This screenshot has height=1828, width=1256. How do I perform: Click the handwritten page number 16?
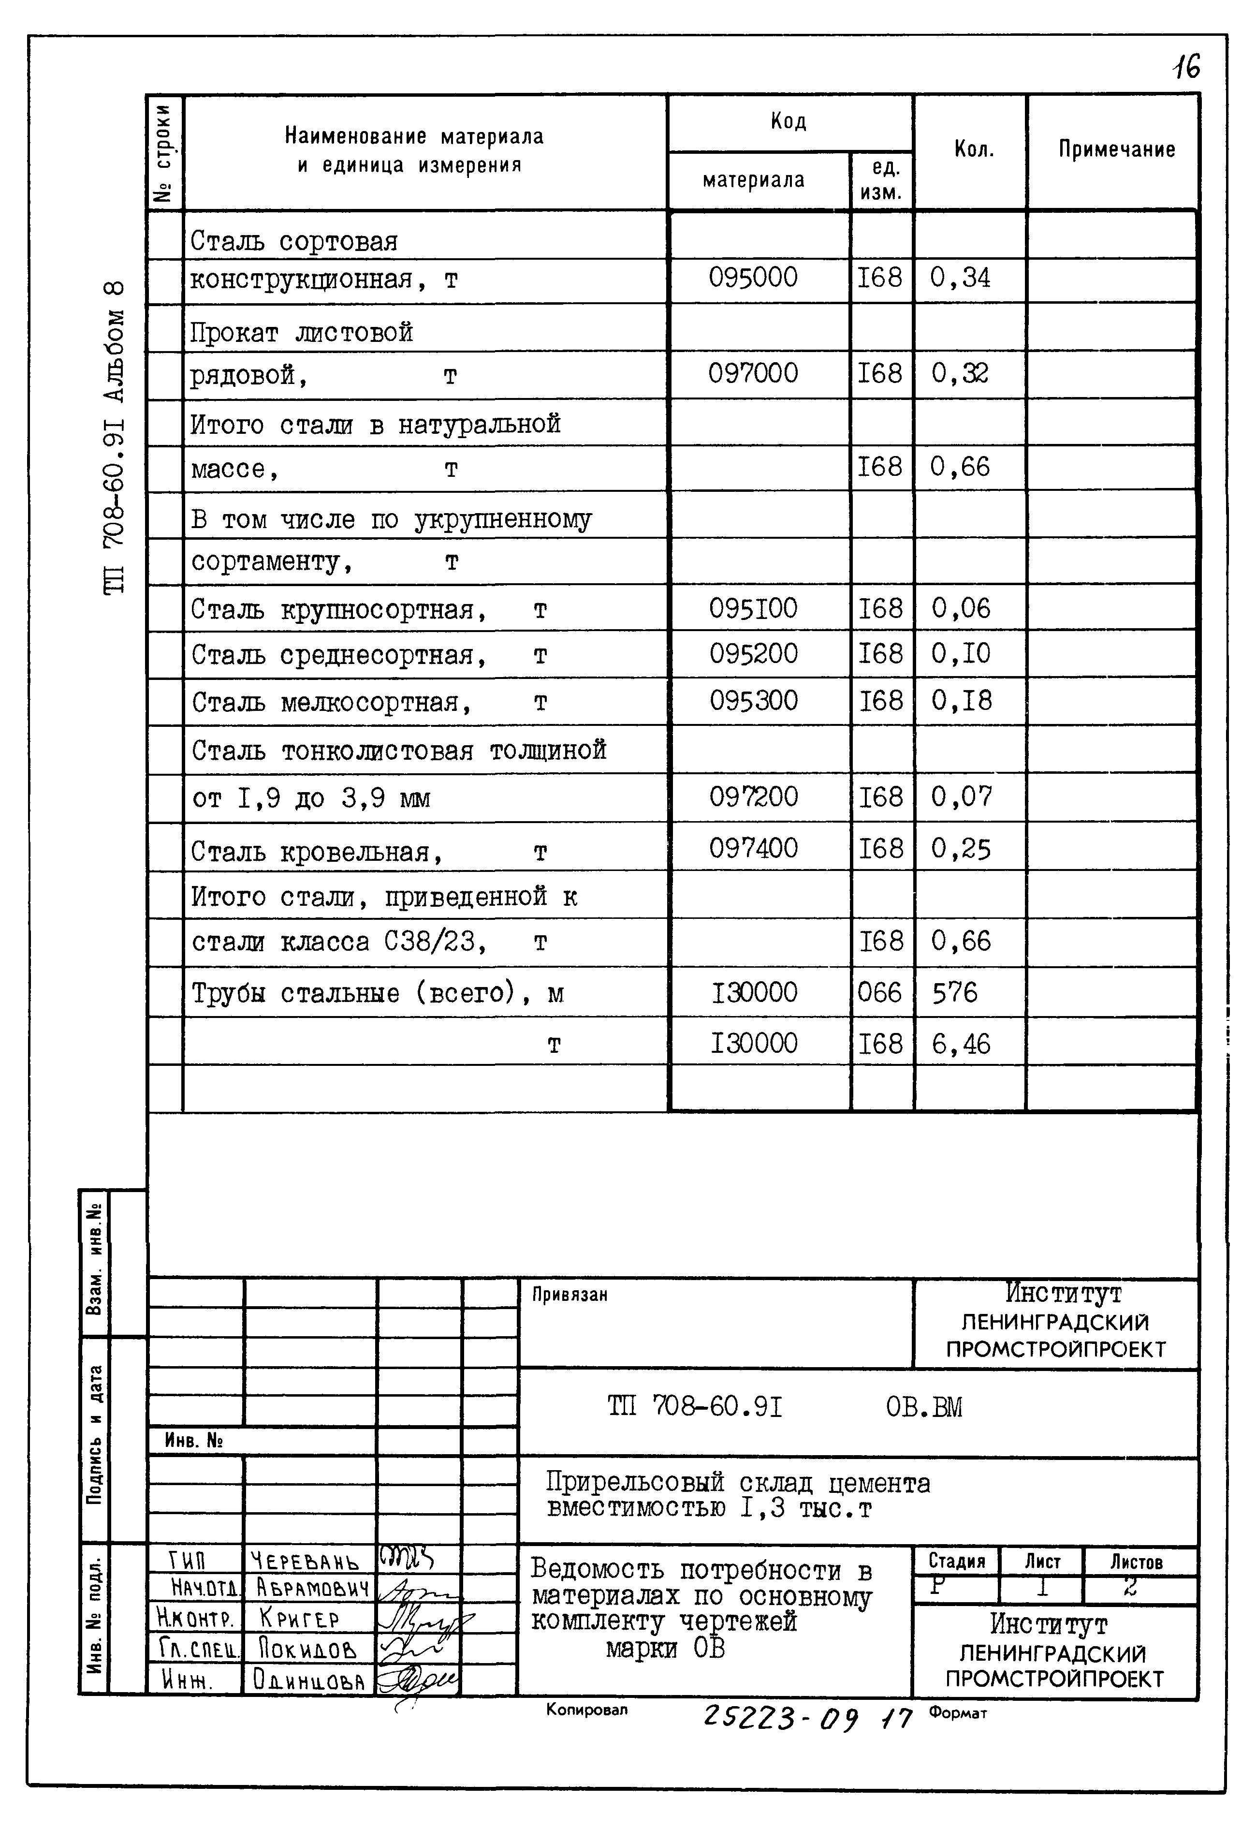pos(1186,67)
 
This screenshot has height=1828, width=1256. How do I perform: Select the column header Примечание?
pos(1116,149)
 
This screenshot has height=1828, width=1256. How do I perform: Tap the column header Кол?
pos(974,149)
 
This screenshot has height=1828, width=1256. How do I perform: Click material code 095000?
pos(752,278)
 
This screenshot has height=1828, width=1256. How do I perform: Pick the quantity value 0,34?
pos(960,278)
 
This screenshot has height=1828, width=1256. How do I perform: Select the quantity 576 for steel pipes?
pos(955,993)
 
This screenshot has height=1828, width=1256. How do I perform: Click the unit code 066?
pos(880,993)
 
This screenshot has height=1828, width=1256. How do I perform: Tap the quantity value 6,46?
pos(961,1044)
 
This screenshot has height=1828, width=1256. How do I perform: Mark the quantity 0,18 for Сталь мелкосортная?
pos(962,701)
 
